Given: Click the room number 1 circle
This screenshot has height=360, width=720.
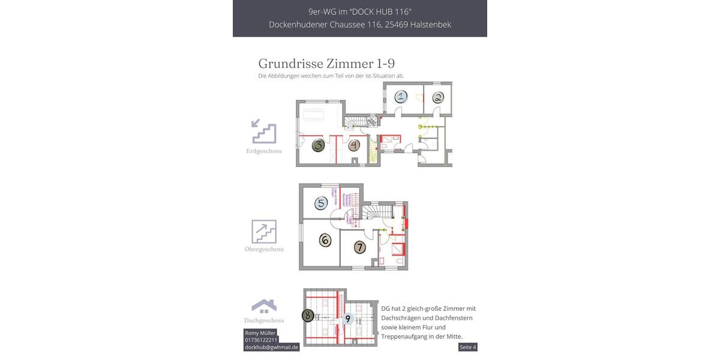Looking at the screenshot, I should (401, 97).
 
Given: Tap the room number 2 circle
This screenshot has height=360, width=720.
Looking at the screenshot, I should (438, 98).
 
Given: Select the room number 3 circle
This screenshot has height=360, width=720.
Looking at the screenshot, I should (318, 145).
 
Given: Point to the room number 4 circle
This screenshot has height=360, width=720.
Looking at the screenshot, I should (354, 145).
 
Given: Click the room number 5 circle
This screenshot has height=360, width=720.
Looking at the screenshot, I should (321, 203).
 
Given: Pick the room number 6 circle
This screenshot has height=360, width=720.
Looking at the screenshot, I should (325, 240).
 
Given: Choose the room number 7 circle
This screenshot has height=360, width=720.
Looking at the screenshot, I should (359, 247).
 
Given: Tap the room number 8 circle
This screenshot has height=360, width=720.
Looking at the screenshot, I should (308, 314).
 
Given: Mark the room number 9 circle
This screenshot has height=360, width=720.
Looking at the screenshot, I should (347, 319).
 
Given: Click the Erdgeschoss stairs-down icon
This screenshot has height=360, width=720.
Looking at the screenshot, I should (264, 131).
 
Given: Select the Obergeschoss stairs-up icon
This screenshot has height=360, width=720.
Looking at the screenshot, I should (264, 231).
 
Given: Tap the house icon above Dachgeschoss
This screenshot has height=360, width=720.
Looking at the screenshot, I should (264, 306).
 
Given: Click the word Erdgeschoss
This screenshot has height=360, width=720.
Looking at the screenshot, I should (264, 151).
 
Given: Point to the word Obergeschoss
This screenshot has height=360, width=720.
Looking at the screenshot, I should (264, 249).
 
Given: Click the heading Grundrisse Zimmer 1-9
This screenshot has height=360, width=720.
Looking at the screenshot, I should (326, 64).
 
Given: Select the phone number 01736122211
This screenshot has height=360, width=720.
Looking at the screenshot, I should (261, 340).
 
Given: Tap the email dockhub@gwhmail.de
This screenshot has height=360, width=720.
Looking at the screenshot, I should (271, 347).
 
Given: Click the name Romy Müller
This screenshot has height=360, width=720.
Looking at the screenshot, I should (260, 333).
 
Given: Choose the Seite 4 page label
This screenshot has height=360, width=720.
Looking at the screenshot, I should (467, 347).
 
